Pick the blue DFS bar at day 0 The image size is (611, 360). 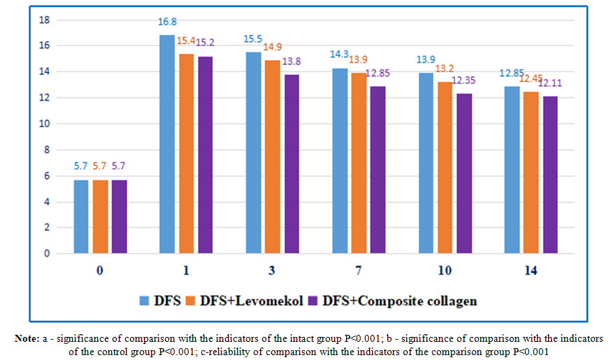(81, 217)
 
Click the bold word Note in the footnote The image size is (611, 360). (27, 338)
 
